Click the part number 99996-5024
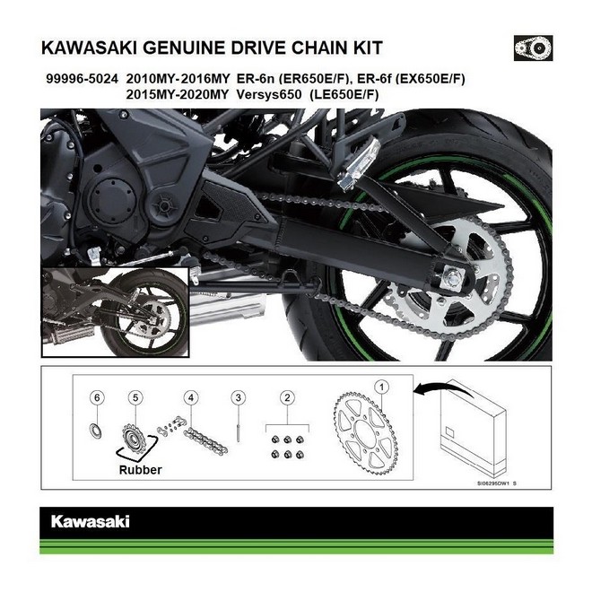[x=79, y=79]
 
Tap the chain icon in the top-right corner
[x=533, y=46]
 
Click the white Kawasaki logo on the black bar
[x=90, y=520]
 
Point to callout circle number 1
[x=382, y=387]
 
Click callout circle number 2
[x=286, y=396]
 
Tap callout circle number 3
[x=238, y=396]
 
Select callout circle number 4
[x=190, y=396]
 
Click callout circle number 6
[x=99, y=396]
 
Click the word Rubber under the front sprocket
[x=140, y=468]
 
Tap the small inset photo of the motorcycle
[x=114, y=311]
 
